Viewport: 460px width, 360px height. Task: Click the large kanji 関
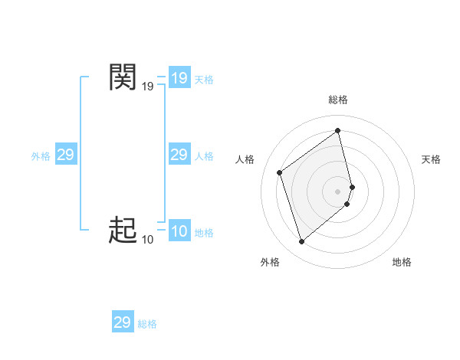click(x=123, y=77)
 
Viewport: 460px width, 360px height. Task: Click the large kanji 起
click(x=123, y=230)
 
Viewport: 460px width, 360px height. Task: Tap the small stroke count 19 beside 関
click(x=147, y=87)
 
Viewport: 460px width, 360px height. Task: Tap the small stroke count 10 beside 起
click(x=147, y=240)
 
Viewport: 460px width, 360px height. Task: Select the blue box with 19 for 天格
click(x=179, y=78)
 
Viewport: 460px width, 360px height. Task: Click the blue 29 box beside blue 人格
click(x=179, y=155)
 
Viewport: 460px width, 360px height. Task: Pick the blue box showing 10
click(x=179, y=231)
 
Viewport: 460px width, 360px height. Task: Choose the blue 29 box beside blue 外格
click(x=66, y=155)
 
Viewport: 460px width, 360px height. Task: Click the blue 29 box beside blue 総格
click(x=123, y=322)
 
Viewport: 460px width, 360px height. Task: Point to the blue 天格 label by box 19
click(x=204, y=80)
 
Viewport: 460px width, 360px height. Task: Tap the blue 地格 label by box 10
click(x=204, y=233)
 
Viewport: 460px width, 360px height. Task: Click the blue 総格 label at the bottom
click(x=147, y=324)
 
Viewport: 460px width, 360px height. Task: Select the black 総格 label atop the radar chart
click(x=338, y=100)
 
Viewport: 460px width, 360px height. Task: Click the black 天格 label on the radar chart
click(x=431, y=159)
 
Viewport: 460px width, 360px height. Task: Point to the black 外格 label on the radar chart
click(x=270, y=262)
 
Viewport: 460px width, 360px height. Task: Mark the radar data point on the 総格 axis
click(x=338, y=130)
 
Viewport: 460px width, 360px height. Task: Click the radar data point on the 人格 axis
click(x=280, y=172)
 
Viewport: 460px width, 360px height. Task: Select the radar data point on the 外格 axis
click(x=302, y=242)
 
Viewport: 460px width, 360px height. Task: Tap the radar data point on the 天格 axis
click(x=352, y=186)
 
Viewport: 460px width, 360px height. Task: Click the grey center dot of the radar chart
click(x=338, y=191)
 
